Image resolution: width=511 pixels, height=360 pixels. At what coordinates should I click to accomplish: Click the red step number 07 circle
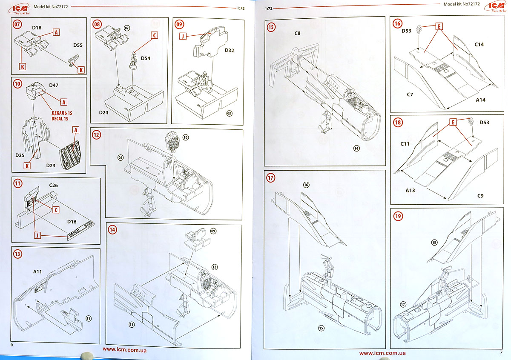17,24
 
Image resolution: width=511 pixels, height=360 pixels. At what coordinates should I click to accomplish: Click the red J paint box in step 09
183,37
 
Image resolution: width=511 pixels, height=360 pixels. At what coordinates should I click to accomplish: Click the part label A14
480,100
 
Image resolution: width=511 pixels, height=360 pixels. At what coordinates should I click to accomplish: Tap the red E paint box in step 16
438,26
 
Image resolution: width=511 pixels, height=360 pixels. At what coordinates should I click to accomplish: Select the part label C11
405,144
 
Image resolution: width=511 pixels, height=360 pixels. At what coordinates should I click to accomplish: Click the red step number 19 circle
398,216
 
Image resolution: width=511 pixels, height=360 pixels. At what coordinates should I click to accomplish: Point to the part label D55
78,44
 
